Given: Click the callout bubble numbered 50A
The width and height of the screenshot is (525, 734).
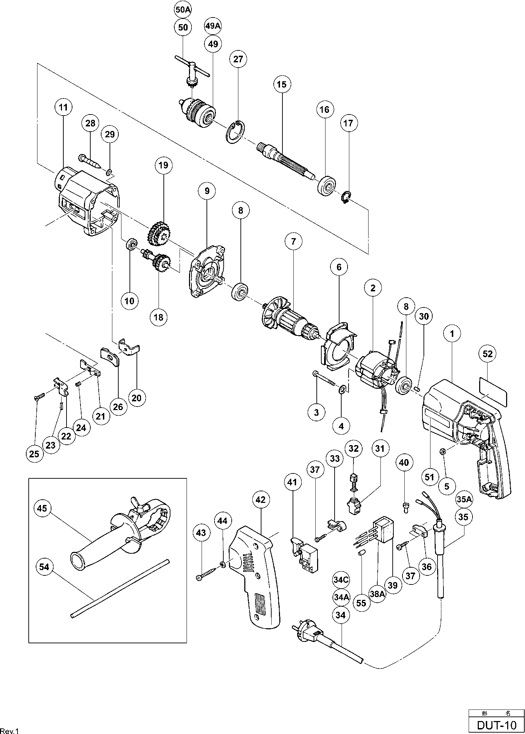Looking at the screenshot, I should [x=183, y=10].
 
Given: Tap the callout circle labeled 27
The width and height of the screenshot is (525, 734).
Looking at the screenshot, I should [x=238, y=59].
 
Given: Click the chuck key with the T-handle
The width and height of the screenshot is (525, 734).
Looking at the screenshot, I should [x=192, y=72].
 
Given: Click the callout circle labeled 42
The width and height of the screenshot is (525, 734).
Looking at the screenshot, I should [x=261, y=500].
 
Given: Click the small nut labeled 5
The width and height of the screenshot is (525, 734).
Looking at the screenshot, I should [x=442, y=451].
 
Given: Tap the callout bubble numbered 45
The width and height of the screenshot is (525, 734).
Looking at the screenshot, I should [x=42, y=508].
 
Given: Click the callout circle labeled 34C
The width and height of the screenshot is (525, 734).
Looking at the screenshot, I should [x=341, y=580].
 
